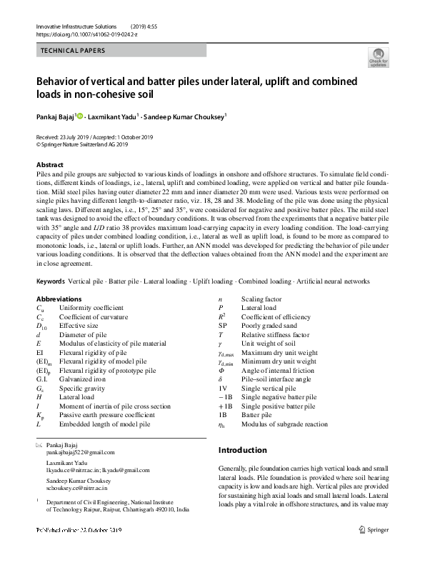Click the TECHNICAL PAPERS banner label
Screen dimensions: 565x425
pyautogui.click(x=74, y=51)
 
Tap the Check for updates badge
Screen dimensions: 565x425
pyautogui.click(x=378, y=59)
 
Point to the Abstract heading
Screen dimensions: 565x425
pyautogui.click(x=50, y=165)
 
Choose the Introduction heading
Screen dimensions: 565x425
pyautogui.click(x=242, y=450)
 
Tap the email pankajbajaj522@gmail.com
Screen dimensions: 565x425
pyautogui.click(x=80, y=453)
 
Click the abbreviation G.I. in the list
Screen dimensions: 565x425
pyautogui.click(x=42, y=389)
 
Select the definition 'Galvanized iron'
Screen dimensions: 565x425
pyautogui.click(x=81, y=389)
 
